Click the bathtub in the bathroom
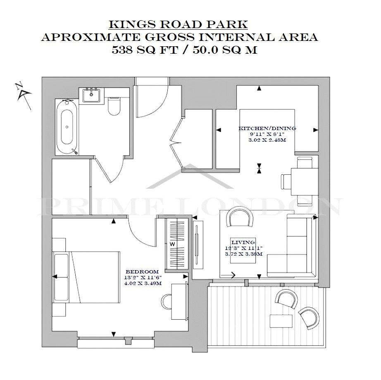67,127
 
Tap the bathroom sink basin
91,95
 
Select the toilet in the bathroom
114,106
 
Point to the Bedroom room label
142,272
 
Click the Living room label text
243,242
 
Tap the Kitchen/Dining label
267,128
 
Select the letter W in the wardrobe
172,244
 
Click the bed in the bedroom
86,277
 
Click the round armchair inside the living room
239,217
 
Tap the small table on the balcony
281,321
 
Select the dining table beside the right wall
305,182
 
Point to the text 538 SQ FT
145,50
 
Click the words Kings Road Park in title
178,24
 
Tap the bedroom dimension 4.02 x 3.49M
143,283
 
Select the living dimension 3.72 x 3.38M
244,254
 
